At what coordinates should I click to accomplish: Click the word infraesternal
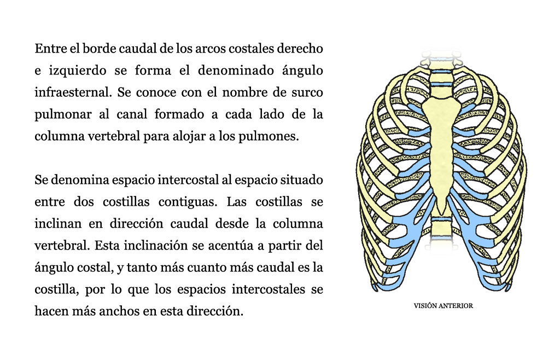click(73, 92)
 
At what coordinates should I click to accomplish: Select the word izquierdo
click(78, 71)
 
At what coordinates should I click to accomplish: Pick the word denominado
click(236, 71)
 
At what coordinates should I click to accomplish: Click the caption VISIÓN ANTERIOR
click(443, 306)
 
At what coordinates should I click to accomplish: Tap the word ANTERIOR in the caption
click(456, 306)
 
